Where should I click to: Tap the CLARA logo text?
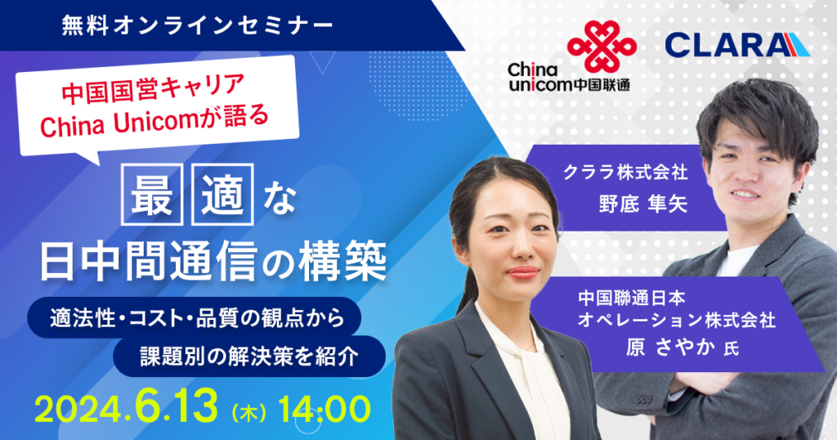pyautogui.click(x=737, y=45)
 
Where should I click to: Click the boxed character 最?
pyautogui.click(x=152, y=195)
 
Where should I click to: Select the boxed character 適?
pyautogui.click(x=222, y=195)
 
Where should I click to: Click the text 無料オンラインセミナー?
pyautogui.click(x=198, y=25)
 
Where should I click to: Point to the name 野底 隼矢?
pyautogui.click(x=642, y=204)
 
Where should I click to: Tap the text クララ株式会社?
pyautogui.click(x=625, y=172)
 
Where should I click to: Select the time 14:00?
pyautogui.click(x=324, y=410)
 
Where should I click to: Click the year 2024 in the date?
pyautogui.click(x=81, y=410)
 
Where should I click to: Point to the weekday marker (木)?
pyautogui.click(x=249, y=413)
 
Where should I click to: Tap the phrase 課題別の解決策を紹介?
pyautogui.click(x=248, y=357)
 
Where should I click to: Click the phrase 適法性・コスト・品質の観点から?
pyautogui.click(x=198, y=318)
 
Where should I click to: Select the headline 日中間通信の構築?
pyautogui.click(x=213, y=262)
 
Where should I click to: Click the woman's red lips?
pyautogui.click(x=524, y=272)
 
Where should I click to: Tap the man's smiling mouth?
pyautogui.click(x=745, y=195)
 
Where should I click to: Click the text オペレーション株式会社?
pyautogui.click(x=677, y=321)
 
